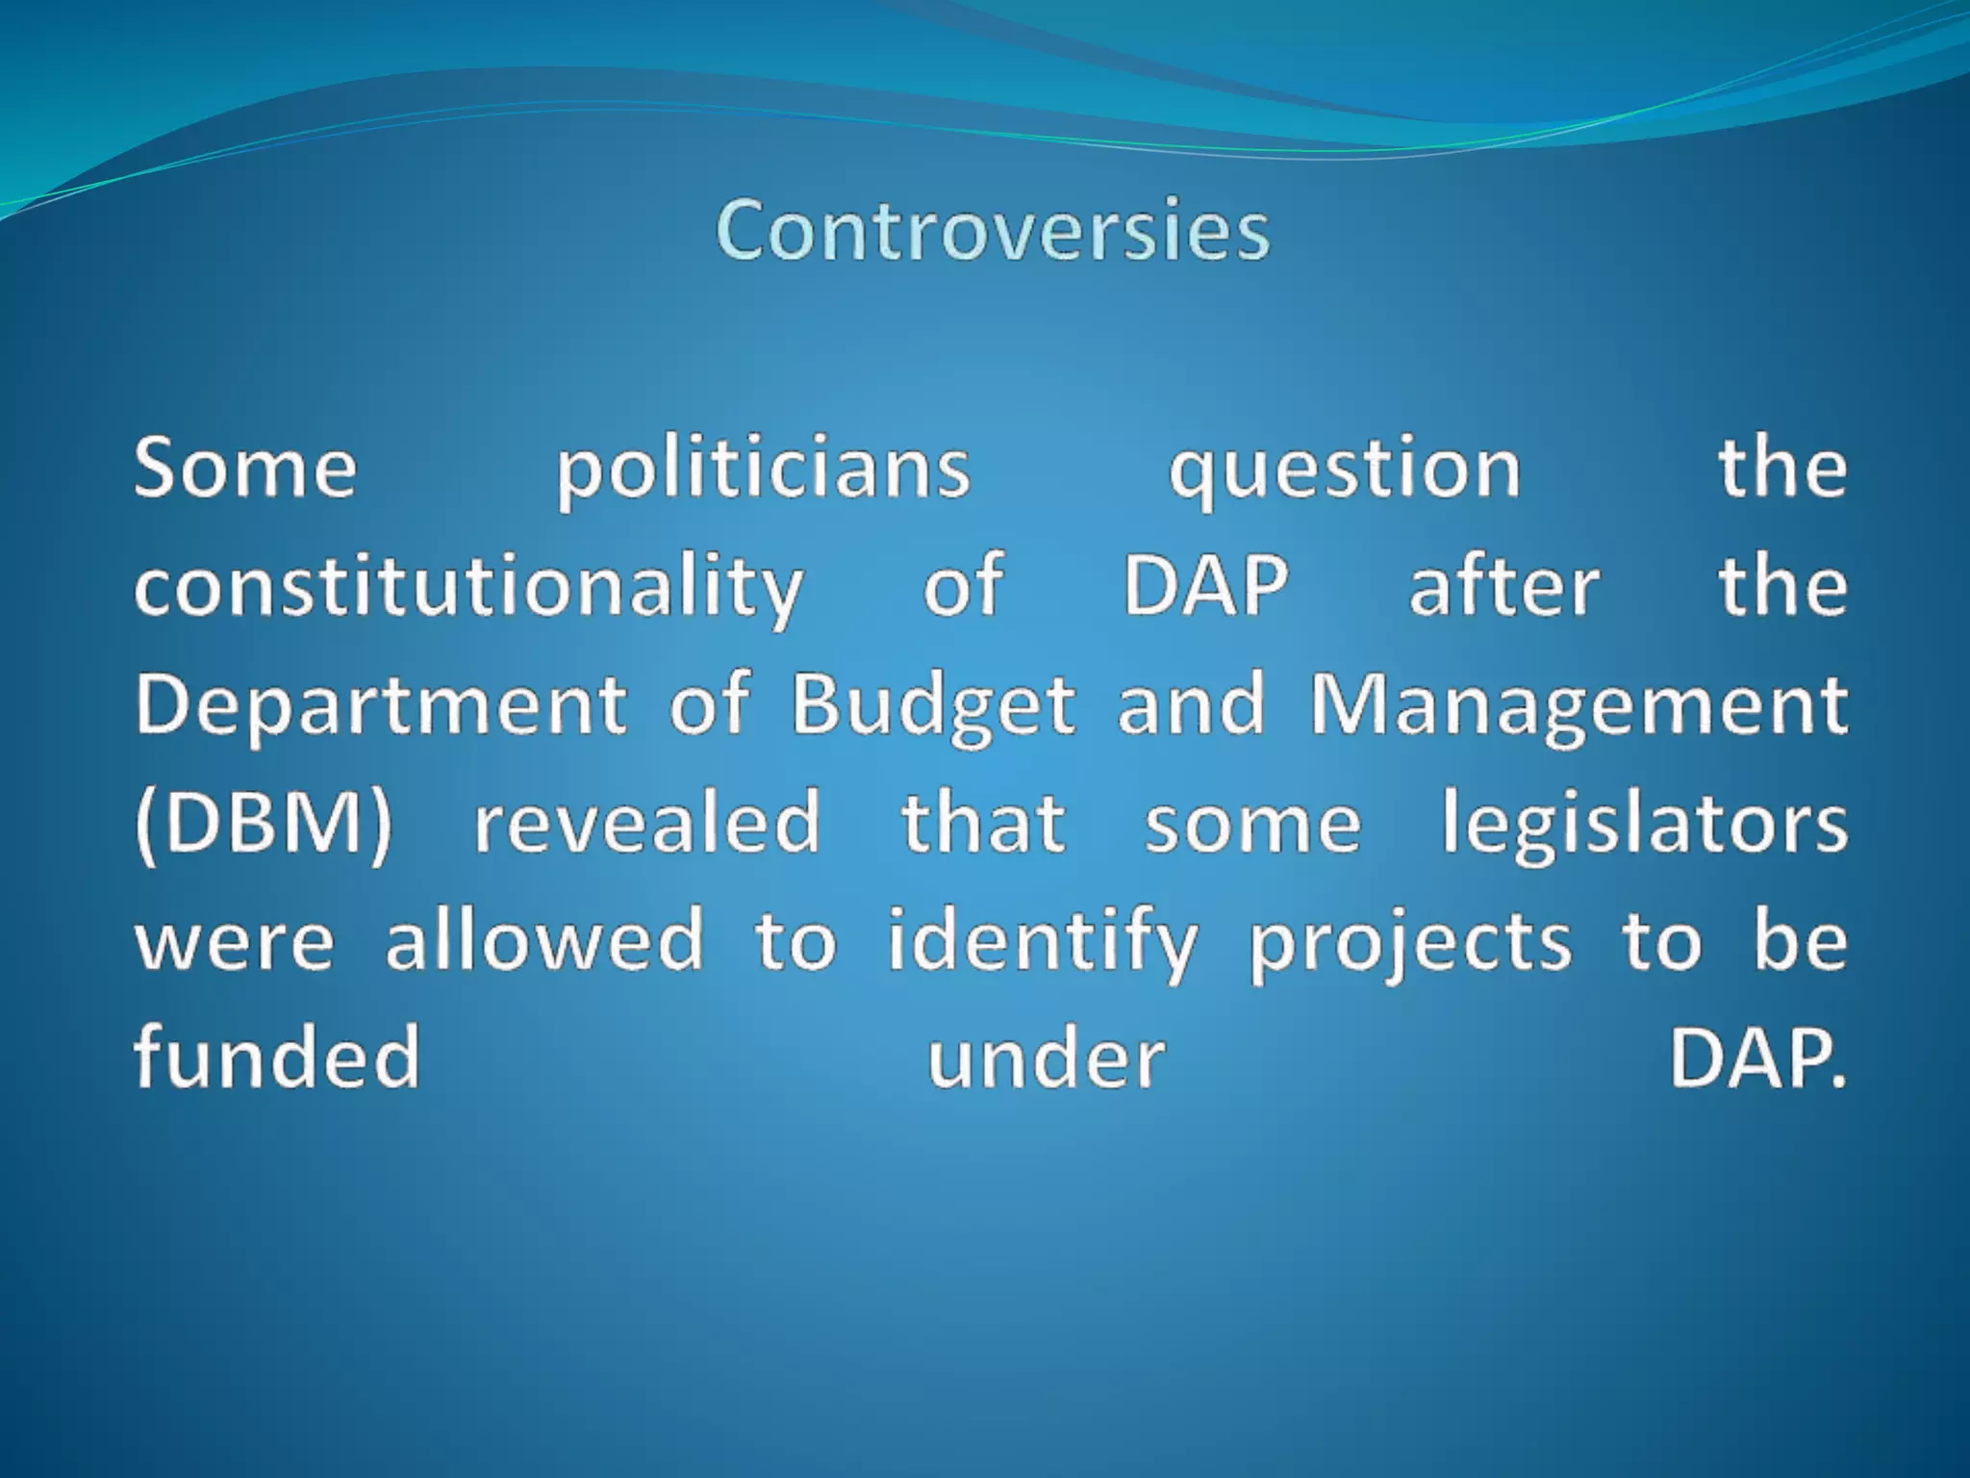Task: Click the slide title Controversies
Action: (993, 231)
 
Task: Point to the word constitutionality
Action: (468, 588)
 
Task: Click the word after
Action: (1504, 586)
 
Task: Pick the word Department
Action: (381, 705)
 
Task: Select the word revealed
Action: (647, 824)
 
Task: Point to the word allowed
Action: (545, 941)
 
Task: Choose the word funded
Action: (278, 1057)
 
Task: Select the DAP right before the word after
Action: (1206, 586)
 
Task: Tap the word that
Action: (983, 824)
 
